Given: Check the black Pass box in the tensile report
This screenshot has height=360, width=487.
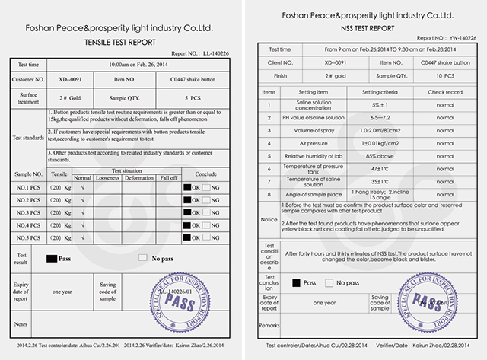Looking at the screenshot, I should pos(53,258).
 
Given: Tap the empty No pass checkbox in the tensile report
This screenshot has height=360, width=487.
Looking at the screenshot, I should pos(142,258).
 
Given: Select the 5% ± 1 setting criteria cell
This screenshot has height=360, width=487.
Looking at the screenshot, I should pos(374,104).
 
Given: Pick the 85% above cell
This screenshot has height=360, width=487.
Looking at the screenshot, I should pos(374,155).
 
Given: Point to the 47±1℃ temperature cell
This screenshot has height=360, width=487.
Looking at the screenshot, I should pos(374,167).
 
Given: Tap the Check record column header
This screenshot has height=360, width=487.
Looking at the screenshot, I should pos(440,91).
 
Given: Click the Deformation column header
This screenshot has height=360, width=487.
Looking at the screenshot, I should pos(139,177).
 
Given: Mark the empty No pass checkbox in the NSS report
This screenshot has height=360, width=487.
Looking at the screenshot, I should pos(328,283).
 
